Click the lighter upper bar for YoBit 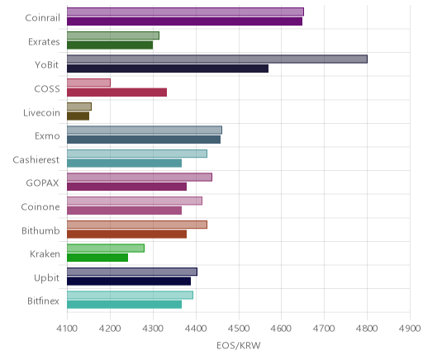click(217, 59)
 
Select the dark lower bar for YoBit click(168, 69)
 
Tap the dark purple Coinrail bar click(184, 21)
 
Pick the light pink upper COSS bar click(88, 83)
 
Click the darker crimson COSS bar click(116, 92)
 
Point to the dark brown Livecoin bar click(78, 116)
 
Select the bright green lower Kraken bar click(97, 258)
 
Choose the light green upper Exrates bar click(113, 36)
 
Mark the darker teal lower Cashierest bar click(124, 163)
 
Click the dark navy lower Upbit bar click(129, 282)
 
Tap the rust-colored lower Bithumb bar click(126, 234)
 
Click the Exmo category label click(47, 136)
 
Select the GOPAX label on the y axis click(42, 183)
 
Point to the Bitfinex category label click(43, 301)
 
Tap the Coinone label click(40, 206)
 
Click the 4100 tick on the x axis click(67, 329)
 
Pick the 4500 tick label click(239, 329)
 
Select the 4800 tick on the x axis click(367, 329)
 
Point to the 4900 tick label click(410, 329)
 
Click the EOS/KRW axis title click(239, 345)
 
